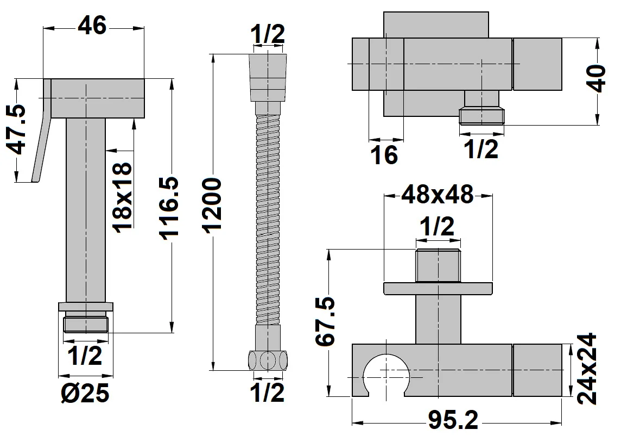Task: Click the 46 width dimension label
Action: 92,25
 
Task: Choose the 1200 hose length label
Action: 213,204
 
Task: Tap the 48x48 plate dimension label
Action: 437,194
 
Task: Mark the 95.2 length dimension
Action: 453,419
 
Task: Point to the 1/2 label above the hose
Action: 267,35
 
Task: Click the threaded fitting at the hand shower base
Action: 86,323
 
